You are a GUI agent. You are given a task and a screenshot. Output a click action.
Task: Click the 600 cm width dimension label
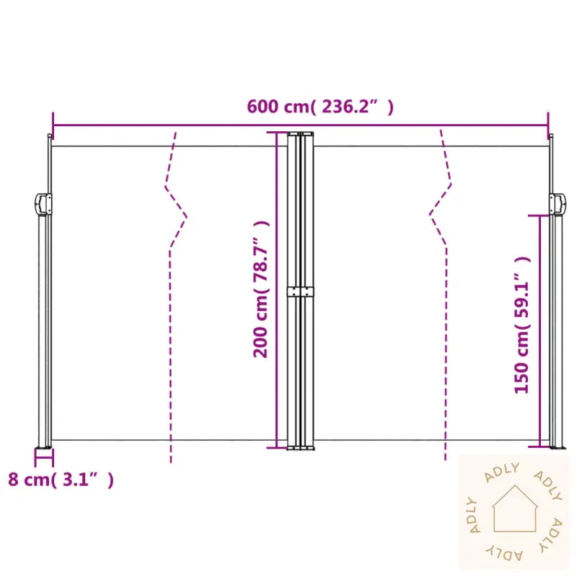tap(320, 107)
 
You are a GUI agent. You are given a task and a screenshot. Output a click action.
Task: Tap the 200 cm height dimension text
tap(260, 328)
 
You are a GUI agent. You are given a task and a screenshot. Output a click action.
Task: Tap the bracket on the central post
tap(301, 292)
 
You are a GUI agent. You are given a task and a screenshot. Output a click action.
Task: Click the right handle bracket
tap(557, 204)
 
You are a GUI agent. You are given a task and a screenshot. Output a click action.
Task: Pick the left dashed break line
tap(173, 288)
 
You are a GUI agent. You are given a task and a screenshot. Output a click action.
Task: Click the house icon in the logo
tap(514, 508)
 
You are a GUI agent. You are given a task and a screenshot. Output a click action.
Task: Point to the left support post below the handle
tap(43, 332)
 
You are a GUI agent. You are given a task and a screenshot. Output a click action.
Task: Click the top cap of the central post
tap(301, 133)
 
